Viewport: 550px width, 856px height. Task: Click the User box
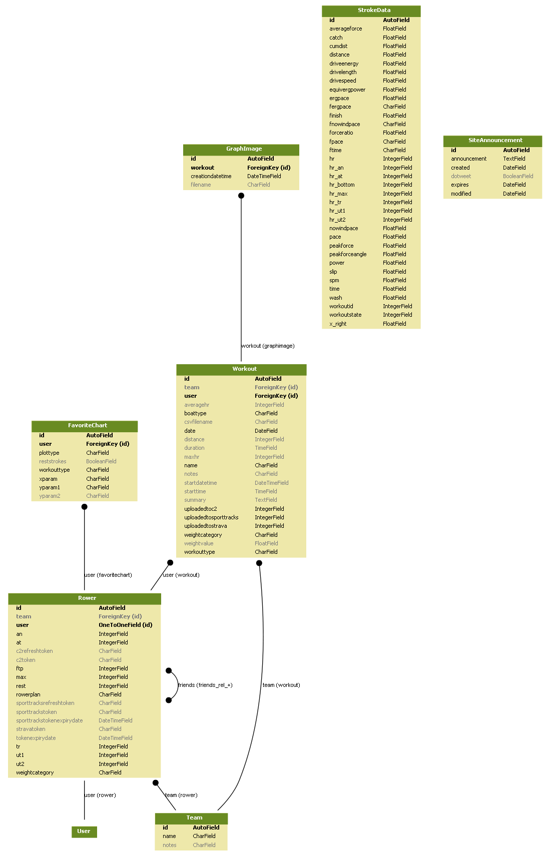84,831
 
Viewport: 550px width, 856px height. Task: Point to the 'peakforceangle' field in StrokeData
348,255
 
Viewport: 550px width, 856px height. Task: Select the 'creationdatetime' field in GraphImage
211,177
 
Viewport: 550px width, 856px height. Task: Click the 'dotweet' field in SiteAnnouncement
461,177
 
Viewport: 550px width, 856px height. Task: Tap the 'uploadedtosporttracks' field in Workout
211,518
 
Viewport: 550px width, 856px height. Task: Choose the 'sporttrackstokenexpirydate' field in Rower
50,721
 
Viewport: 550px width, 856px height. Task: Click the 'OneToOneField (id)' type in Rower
126,625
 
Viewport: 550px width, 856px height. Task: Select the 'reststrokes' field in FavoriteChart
53,462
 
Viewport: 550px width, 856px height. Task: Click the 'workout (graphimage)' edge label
268,346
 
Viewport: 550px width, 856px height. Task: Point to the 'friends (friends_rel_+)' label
205,685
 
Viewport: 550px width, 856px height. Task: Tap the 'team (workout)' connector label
281,685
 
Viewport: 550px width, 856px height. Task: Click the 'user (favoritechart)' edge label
108,575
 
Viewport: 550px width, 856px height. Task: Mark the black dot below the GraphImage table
241,196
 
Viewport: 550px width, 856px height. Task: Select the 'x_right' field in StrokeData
338,324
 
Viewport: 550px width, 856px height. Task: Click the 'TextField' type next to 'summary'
266,500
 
